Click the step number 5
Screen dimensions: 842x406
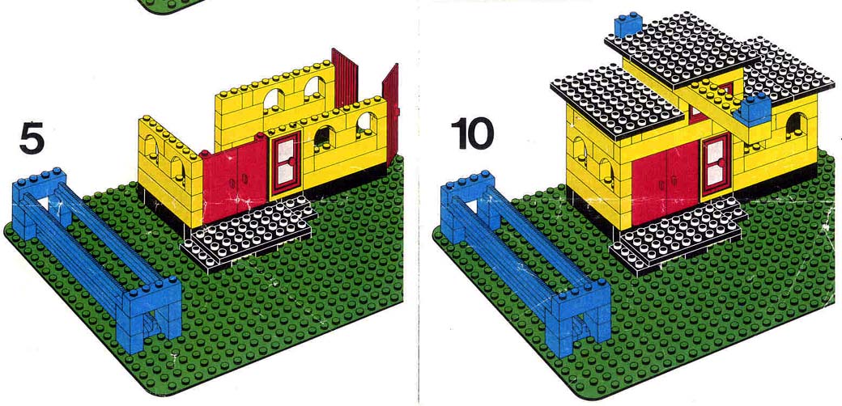pos(31,138)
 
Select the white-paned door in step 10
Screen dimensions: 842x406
pos(715,165)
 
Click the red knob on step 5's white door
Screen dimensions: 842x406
pos(291,161)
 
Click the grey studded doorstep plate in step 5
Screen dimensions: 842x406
pos(249,232)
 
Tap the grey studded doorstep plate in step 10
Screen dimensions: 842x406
pos(678,235)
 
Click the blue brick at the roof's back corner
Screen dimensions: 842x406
pos(628,24)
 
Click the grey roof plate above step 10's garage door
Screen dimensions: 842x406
pos(618,102)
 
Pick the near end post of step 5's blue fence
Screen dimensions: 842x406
pos(152,314)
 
